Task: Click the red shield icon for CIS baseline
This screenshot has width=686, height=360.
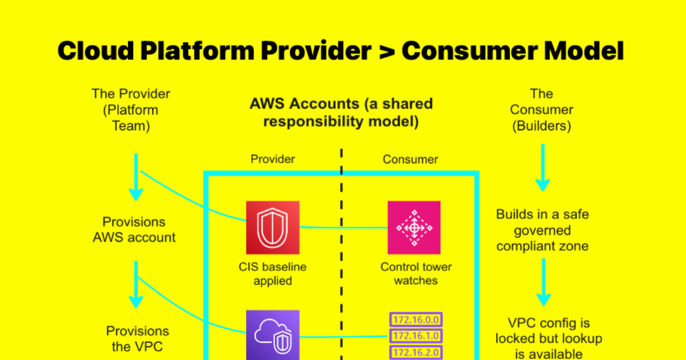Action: coord(273,227)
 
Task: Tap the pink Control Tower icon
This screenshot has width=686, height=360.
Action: coord(414,227)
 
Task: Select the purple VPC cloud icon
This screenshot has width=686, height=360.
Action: coord(273,336)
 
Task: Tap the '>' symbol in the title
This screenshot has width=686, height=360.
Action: coord(386,51)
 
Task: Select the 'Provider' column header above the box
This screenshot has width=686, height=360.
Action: coord(273,159)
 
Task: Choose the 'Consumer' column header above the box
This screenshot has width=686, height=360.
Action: coord(410,159)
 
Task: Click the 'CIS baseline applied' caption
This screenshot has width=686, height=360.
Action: coord(273,274)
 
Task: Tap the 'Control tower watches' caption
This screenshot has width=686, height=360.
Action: coord(416,274)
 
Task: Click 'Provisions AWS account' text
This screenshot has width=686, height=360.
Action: coord(134,230)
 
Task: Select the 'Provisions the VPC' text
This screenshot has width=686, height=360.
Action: coord(137,339)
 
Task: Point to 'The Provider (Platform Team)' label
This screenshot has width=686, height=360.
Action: coord(131,110)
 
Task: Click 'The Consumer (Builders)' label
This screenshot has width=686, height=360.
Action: coord(541,110)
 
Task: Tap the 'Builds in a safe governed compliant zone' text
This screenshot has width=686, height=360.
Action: coord(542,230)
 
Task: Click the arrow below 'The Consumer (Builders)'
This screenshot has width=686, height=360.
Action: coord(542,169)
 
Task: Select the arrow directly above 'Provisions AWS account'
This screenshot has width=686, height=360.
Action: coord(135,177)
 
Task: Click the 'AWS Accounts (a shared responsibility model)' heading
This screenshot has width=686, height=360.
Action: coord(341,113)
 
